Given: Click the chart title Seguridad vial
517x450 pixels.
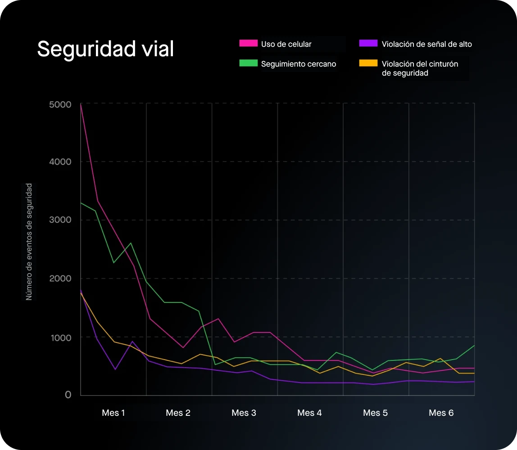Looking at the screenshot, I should tap(105, 49).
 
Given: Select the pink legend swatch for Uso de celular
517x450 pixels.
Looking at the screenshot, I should tap(248, 44).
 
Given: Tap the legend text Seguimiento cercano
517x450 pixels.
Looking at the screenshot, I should tap(299, 64).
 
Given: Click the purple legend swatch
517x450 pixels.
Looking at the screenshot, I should tap(368, 44).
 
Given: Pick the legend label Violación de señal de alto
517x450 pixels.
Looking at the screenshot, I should tap(426, 44).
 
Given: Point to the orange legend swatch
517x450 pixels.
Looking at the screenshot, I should tap(368, 63).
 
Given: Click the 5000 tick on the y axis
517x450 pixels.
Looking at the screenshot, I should tap(60, 105).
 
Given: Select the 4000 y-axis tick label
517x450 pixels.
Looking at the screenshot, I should tap(60, 162).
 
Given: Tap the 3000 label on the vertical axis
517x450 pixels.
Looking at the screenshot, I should tap(60, 220).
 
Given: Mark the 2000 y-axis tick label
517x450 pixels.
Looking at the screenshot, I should tap(60, 279).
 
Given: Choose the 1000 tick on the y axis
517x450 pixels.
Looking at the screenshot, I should tap(61, 337).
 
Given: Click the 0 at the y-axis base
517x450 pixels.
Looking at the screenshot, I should tap(68, 395).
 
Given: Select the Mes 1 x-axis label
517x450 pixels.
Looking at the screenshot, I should tap(113, 413).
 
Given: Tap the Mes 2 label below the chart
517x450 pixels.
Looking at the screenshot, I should tap(178, 413).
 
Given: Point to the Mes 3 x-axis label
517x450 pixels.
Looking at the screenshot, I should tap(244, 413).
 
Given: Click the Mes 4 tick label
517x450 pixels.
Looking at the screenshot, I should tap(310, 413).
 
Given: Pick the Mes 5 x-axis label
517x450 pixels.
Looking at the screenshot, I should tap(376, 413).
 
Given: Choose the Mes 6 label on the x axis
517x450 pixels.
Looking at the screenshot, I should tap(441, 413).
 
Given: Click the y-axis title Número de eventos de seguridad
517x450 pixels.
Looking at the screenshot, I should tap(29, 242).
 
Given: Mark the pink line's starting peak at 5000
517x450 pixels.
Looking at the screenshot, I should tap(81, 104).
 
